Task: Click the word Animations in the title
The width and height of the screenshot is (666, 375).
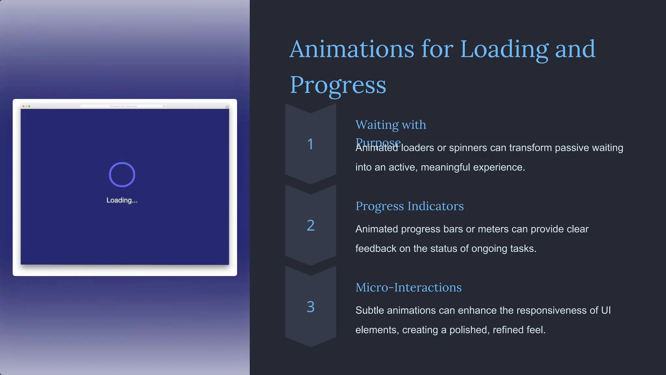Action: point(352,49)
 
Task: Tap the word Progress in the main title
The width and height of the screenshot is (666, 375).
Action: point(338,85)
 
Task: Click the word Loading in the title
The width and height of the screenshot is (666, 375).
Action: point(504,49)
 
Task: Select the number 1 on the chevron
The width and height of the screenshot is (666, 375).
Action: point(310,144)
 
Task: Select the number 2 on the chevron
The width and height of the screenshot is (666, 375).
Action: point(311,225)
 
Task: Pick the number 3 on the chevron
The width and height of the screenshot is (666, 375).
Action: point(311,307)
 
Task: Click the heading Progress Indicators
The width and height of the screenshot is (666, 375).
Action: point(409,206)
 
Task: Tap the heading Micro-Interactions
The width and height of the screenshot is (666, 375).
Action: point(408,287)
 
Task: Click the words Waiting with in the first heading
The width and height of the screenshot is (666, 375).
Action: point(391,125)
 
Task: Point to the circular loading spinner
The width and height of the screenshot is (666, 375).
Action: point(122,174)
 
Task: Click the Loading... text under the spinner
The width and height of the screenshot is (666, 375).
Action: point(122,200)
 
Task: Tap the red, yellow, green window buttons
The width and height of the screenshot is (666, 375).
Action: point(26,106)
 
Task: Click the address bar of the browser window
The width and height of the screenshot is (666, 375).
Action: point(124,106)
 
